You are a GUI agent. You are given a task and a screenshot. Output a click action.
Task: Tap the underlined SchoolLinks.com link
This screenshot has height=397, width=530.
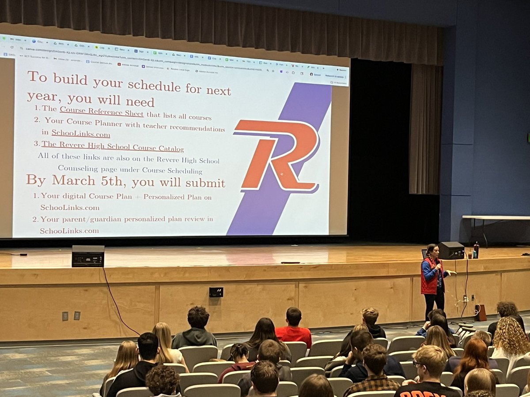tap(80, 133)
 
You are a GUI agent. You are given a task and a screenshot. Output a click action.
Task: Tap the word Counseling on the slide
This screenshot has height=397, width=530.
tap(81, 170)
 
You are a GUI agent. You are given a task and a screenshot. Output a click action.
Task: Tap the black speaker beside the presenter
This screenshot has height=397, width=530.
tap(451, 250)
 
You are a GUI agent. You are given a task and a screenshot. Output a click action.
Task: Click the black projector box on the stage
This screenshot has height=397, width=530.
tap(88, 256)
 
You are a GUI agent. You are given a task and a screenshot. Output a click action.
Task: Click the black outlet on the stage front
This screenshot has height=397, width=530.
tap(216, 292)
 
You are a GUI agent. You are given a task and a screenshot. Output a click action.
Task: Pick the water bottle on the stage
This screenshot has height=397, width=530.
tap(476, 250)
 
